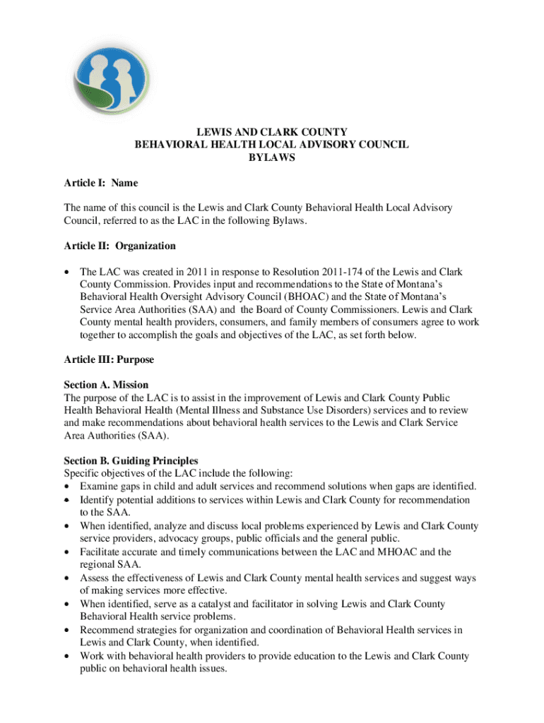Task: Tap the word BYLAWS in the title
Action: tap(271, 159)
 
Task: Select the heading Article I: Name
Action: tap(100, 184)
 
